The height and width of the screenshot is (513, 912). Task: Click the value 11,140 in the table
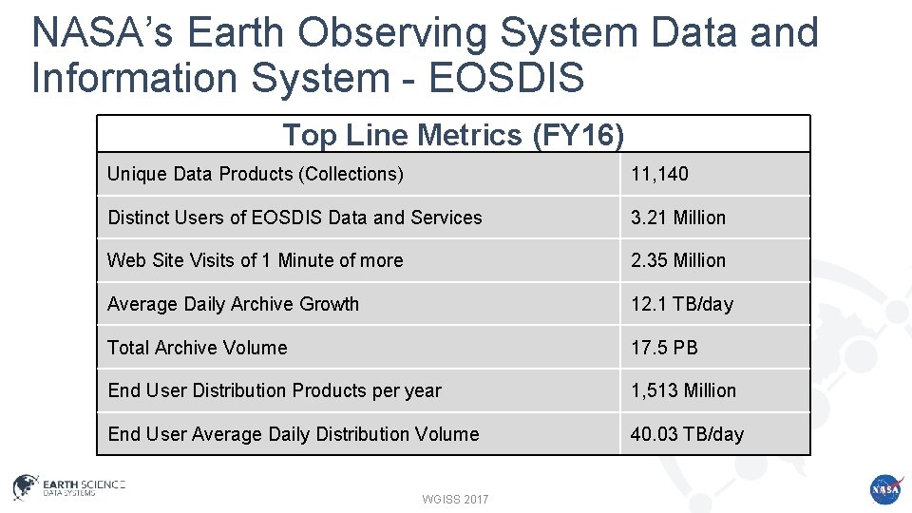click(659, 174)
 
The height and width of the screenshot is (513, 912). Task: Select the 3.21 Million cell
click(677, 218)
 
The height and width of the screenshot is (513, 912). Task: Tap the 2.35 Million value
click(677, 260)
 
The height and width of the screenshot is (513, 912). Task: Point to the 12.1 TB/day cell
click(682, 304)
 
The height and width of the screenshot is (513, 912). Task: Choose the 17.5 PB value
click(664, 348)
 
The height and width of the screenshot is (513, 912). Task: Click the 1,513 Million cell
click(683, 390)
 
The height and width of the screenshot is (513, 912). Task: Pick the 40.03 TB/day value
click(687, 434)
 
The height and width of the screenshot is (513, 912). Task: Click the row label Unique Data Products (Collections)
click(255, 174)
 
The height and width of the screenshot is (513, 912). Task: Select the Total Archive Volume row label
click(197, 348)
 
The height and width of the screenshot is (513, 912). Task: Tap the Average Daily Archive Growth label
click(233, 304)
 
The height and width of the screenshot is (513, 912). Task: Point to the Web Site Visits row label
click(255, 260)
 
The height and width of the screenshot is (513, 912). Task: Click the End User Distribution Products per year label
click(274, 390)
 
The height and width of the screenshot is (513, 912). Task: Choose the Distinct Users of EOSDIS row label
click(294, 218)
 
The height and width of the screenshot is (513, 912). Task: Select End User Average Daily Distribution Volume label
click(293, 434)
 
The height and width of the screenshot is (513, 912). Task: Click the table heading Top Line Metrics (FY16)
click(453, 135)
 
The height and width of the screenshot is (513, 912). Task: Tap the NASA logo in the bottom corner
click(883, 488)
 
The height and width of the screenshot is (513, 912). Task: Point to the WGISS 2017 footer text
click(456, 499)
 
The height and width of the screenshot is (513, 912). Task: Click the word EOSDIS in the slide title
click(506, 77)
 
